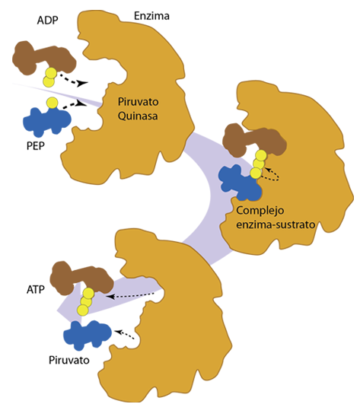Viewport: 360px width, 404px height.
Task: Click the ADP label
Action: (x=47, y=20)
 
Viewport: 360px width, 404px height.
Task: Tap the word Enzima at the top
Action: (x=151, y=16)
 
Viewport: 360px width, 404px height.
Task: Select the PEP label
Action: (x=36, y=146)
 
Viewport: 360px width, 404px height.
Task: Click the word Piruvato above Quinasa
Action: (x=138, y=101)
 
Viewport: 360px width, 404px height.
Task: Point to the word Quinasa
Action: (x=138, y=116)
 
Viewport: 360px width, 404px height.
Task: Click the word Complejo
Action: (x=260, y=211)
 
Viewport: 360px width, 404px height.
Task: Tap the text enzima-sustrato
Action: (x=276, y=224)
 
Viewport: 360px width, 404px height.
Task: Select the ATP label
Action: (x=36, y=290)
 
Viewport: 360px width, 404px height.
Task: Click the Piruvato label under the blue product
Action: (x=69, y=360)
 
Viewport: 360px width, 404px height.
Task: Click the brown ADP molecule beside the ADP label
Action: (x=44, y=58)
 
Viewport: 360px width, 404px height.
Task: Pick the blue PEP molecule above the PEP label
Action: (x=47, y=121)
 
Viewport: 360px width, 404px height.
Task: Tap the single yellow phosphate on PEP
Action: (x=53, y=102)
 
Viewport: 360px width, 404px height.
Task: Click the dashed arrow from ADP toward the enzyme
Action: (x=73, y=81)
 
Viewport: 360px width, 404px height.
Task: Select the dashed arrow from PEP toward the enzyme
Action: (x=75, y=105)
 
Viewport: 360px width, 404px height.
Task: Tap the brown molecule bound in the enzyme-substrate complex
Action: (x=254, y=141)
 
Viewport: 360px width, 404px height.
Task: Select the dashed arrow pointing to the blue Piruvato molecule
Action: (x=125, y=335)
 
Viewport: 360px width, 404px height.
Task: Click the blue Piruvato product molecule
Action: (x=88, y=335)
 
